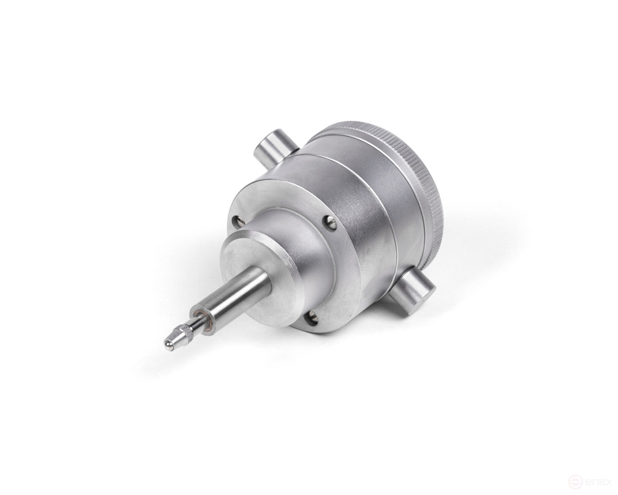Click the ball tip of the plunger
tap(168, 345)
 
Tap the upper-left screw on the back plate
tap(238, 221)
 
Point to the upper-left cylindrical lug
tap(275, 148)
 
